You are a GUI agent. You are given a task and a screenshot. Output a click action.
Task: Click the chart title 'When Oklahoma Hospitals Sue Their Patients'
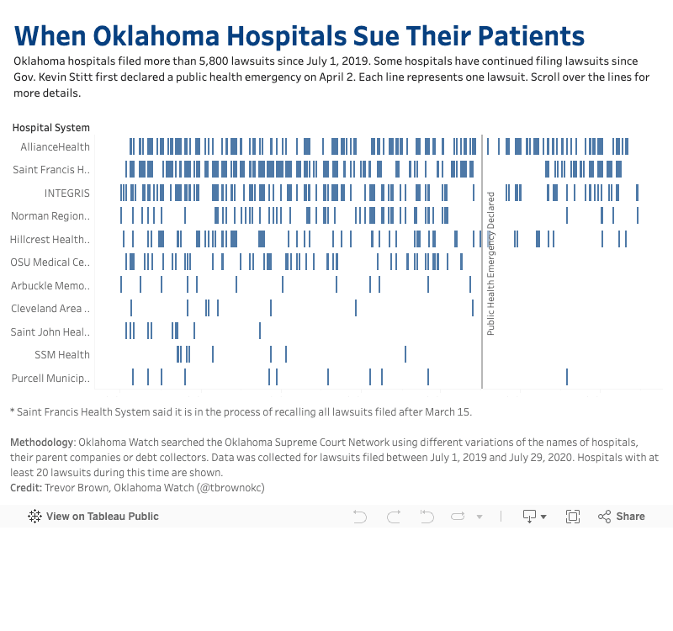coord(299,36)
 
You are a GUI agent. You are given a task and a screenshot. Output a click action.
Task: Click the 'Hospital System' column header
coord(50,128)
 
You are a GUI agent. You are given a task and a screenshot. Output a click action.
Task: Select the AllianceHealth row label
coord(56,147)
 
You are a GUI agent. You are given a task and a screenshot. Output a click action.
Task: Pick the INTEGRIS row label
coord(66,194)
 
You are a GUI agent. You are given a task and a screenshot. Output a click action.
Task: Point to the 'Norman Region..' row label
coord(50,216)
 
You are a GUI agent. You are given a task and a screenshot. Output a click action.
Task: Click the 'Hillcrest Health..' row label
coord(50,240)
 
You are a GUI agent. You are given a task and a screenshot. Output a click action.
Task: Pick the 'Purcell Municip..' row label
coord(50,379)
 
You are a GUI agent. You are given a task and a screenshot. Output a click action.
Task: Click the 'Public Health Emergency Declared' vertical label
coord(491,263)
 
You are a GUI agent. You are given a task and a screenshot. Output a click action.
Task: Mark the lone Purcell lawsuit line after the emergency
coord(567,376)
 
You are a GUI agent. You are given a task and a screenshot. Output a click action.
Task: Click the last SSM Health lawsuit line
coord(405,353)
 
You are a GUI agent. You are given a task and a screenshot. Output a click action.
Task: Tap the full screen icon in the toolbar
coord(573,517)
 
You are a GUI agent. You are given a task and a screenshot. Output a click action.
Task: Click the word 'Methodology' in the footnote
coord(42,443)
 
